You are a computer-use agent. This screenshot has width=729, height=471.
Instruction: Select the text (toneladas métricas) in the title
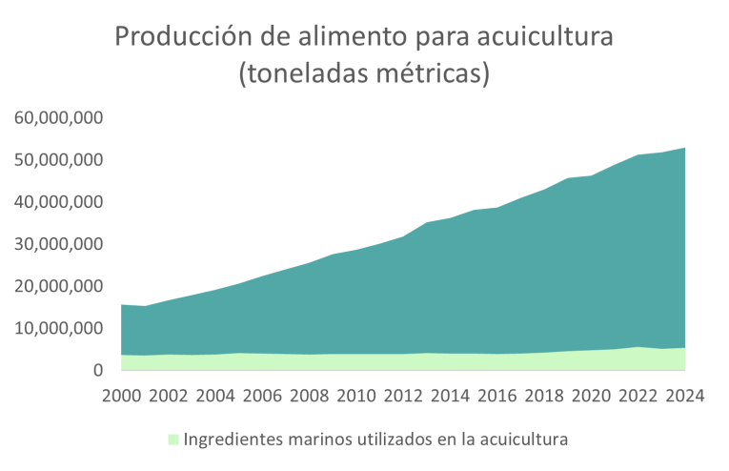coord(364,73)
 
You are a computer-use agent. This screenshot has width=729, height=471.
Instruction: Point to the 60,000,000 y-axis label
coord(58,118)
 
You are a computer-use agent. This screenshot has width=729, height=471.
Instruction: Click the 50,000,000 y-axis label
coord(58,160)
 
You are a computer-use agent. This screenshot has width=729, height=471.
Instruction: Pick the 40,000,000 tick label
coord(58,202)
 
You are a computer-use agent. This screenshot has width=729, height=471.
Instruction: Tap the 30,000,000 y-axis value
coord(58,244)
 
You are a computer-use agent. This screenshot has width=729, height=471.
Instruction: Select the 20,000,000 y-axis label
coord(58,286)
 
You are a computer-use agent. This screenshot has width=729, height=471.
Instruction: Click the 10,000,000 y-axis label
coord(58,328)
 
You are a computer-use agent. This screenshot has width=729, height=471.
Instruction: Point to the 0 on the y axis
coord(96,370)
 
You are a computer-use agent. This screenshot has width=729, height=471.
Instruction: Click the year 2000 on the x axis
coord(122,396)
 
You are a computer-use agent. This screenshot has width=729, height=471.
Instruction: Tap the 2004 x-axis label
coord(215,396)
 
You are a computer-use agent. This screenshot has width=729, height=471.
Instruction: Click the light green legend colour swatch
coord(172,440)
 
